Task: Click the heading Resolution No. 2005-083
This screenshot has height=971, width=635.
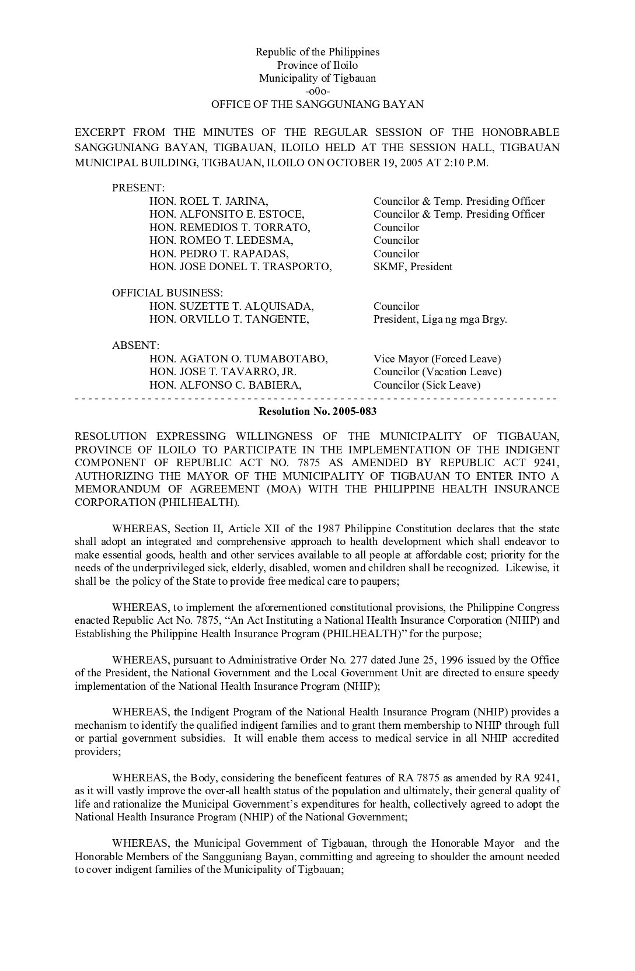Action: tap(317, 411)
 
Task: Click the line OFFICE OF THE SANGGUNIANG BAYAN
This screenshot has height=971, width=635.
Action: tap(317, 104)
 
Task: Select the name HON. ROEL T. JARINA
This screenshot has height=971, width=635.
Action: tap(208, 201)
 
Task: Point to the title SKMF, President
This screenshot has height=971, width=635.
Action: tap(413, 267)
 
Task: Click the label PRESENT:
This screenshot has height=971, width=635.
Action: tap(138, 188)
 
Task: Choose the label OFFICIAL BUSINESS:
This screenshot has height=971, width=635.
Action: tap(168, 293)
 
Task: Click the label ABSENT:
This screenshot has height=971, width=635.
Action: tap(135, 345)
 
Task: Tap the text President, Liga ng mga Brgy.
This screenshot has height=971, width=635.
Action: tap(440, 319)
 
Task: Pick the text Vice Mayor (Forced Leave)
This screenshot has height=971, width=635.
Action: tap(437, 359)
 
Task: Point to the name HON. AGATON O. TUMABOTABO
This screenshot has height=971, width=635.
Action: tap(238, 359)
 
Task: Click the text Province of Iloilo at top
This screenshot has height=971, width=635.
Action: tap(317, 65)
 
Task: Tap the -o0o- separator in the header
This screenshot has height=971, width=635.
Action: tap(317, 92)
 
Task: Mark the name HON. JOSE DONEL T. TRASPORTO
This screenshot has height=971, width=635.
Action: tap(240, 267)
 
